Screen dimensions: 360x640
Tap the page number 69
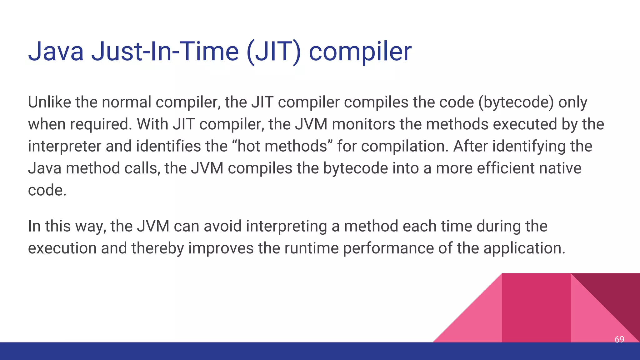click(619, 339)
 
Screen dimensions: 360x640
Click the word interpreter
click(65, 147)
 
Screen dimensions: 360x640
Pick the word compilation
click(405, 146)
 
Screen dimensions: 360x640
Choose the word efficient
click(506, 168)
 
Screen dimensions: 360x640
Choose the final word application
click(524, 248)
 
